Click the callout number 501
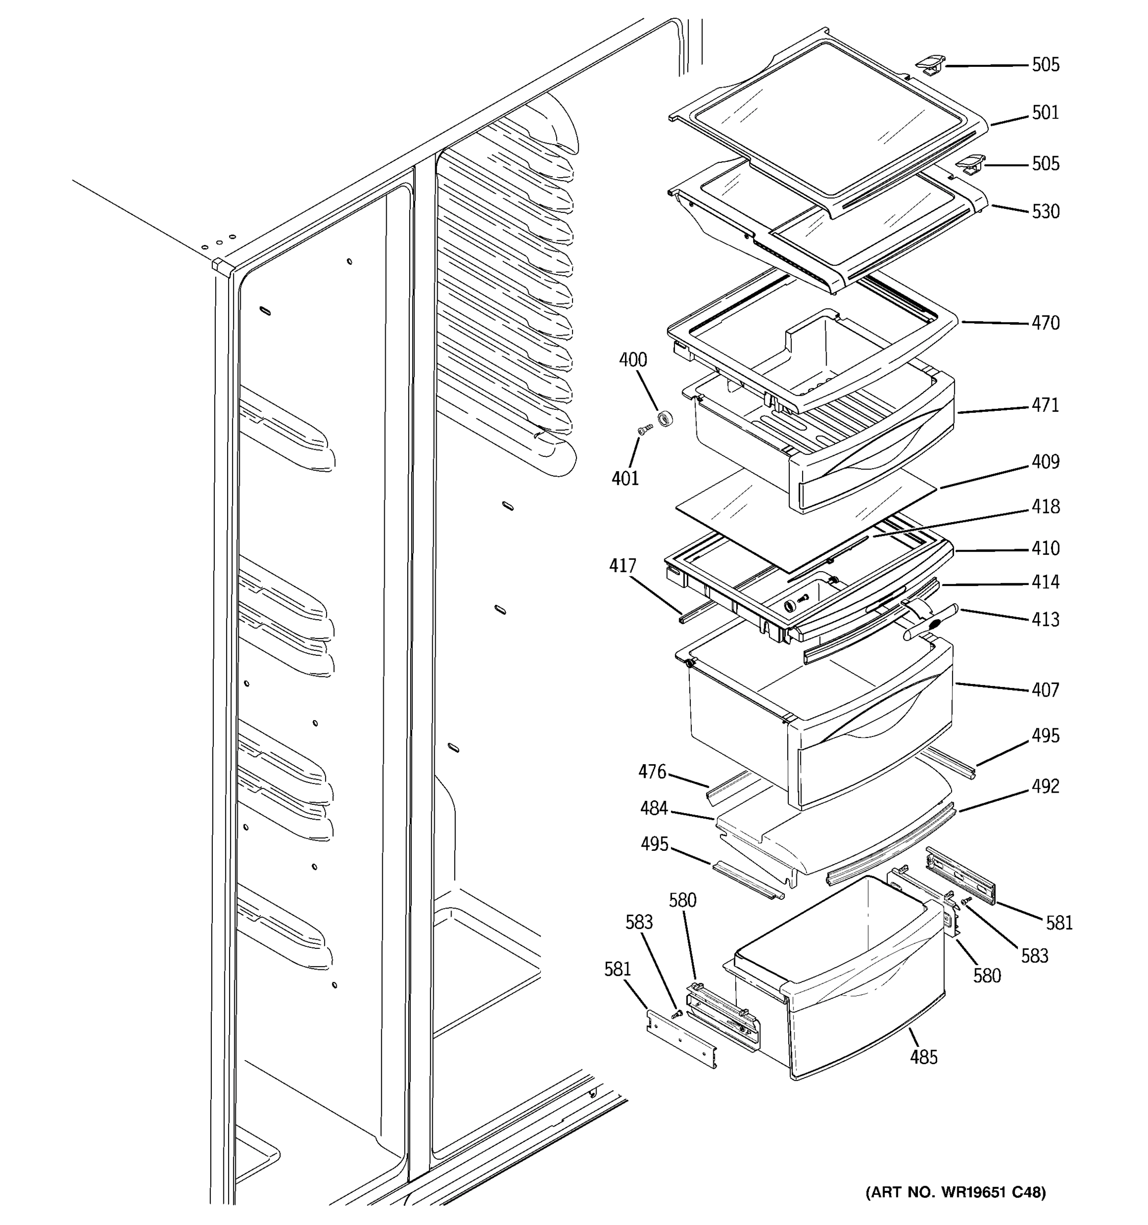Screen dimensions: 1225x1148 coord(1045,113)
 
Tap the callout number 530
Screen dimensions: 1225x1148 coord(1045,211)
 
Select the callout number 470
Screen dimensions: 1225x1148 coord(1045,323)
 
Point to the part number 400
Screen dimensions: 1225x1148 coord(633,360)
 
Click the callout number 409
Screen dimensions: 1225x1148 coord(1045,461)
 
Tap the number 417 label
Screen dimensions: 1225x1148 coord(622,566)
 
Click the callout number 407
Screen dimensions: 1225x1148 coord(1045,690)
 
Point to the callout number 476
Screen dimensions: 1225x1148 coord(652,771)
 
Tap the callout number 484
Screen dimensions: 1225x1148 coord(654,808)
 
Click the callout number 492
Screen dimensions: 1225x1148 coord(1045,786)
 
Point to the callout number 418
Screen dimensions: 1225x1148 coord(1045,506)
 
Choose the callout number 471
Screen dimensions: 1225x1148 coord(1045,405)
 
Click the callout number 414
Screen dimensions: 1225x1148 coord(1045,582)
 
